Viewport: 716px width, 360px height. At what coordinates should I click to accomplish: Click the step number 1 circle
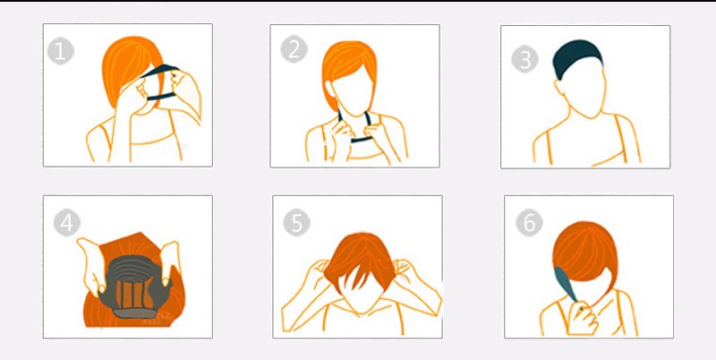60,51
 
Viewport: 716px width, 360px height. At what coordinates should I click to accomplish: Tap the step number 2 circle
294,49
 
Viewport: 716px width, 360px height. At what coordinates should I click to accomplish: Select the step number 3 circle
524,59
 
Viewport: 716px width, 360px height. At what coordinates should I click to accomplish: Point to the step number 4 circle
66,223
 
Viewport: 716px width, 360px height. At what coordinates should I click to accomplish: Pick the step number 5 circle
297,223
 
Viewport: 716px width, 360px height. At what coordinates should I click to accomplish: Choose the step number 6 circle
529,222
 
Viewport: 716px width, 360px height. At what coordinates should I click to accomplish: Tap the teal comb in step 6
566,284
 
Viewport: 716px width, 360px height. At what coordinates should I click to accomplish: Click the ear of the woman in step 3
558,87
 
